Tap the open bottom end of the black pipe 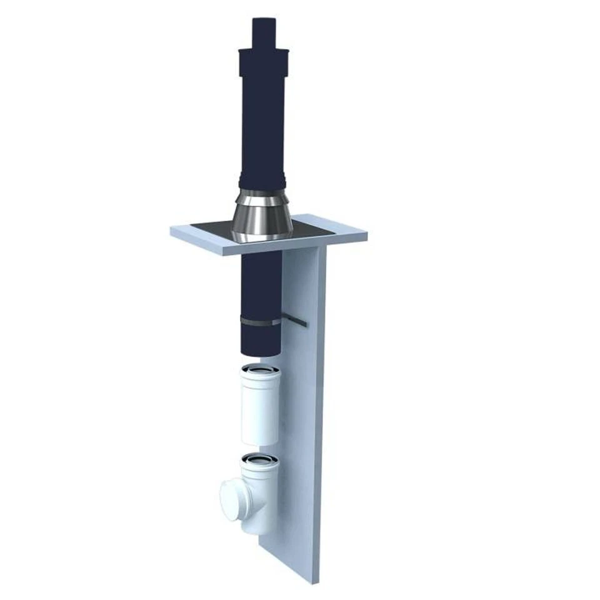[261, 353]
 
